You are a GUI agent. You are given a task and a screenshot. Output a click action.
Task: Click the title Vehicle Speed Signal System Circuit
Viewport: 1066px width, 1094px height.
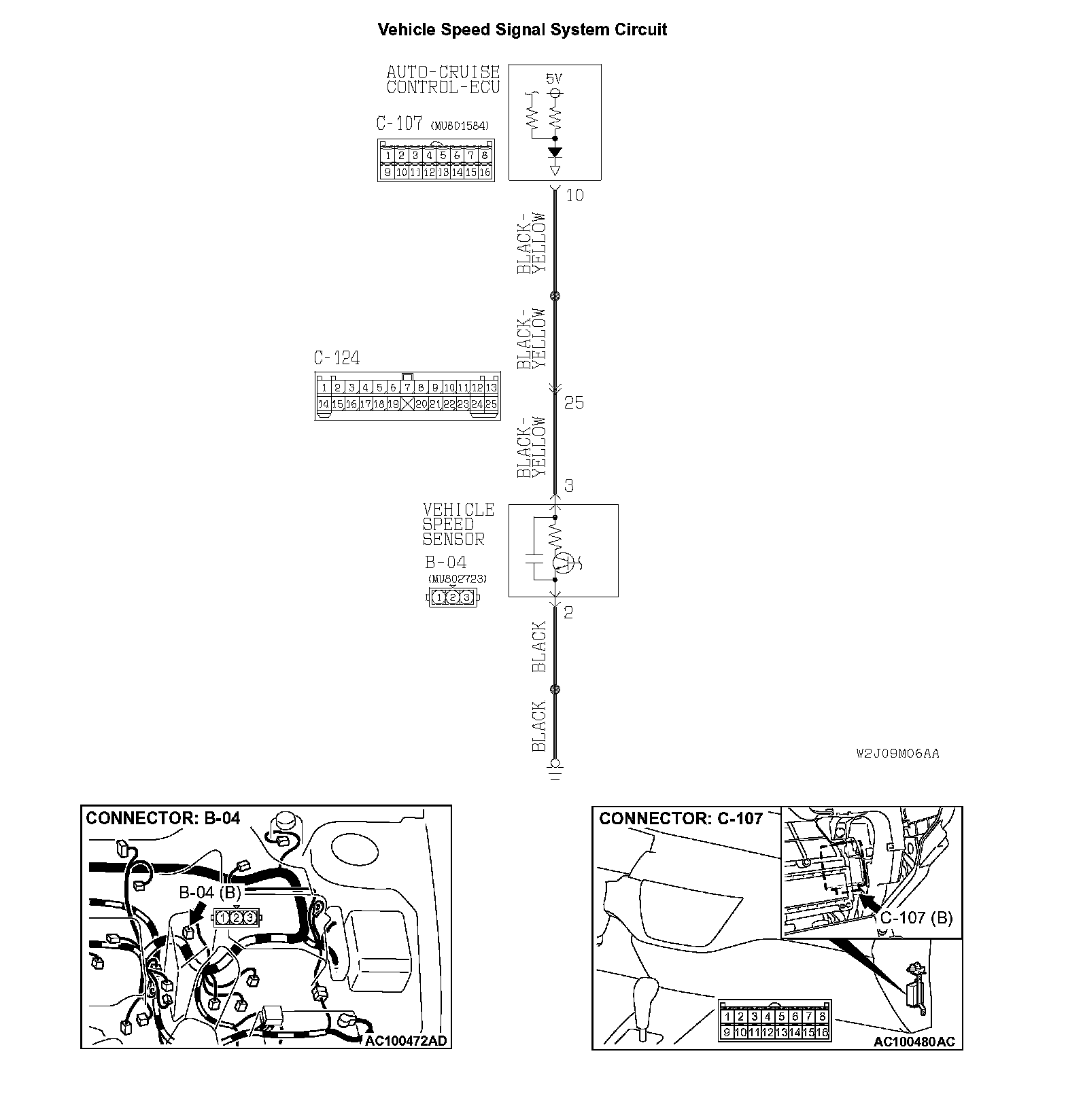click(x=522, y=30)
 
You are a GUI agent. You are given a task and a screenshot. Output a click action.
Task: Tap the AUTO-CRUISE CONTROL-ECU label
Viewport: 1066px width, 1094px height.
click(x=443, y=80)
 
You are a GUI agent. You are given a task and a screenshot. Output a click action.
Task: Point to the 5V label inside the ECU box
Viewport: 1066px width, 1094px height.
click(x=554, y=79)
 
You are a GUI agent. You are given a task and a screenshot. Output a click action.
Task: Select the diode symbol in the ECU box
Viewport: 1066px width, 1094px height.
click(x=555, y=152)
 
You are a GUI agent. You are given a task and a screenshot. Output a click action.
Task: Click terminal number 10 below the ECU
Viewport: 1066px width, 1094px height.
click(x=574, y=196)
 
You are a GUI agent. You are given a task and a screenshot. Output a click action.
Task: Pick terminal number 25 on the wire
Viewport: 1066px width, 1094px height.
click(x=574, y=403)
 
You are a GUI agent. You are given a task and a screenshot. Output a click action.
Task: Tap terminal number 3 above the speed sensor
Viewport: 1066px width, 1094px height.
click(x=569, y=486)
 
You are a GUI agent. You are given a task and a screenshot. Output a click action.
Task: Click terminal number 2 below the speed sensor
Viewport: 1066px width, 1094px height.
click(x=568, y=612)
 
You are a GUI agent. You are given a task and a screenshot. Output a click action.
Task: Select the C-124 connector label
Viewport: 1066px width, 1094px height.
click(x=337, y=358)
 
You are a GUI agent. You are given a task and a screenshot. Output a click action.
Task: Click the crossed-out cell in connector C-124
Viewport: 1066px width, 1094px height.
click(x=407, y=404)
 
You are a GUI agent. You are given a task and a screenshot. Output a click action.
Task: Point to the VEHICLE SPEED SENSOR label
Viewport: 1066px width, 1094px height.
click(x=458, y=525)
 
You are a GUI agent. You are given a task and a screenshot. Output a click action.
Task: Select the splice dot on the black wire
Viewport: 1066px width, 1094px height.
click(x=555, y=690)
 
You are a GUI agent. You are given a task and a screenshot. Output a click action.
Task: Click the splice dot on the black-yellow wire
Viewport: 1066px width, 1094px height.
click(x=555, y=296)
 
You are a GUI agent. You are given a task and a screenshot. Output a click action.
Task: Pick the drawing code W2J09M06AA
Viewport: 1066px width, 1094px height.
click(x=897, y=753)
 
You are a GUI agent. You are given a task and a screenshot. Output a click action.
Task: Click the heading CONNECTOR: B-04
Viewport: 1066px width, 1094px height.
click(x=163, y=818)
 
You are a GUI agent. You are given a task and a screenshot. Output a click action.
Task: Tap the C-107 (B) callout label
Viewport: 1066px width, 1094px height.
click(x=916, y=918)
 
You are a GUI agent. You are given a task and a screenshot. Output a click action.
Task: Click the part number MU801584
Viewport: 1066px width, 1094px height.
click(x=460, y=126)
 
